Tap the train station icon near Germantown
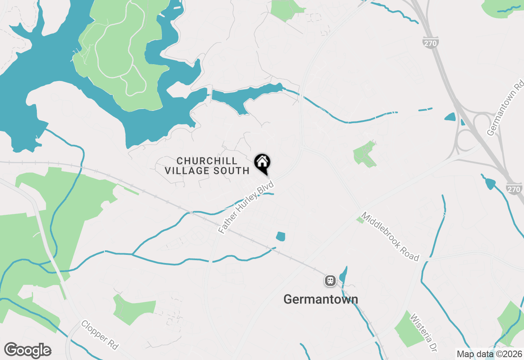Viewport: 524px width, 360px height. pyautogui.click(x=330, y=281)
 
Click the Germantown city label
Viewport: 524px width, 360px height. pyautogui.click(x=321, y=299)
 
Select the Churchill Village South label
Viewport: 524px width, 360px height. pyautogui.click(x=207, y=166)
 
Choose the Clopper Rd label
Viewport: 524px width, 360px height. pyautogui.click(x=99, y=335)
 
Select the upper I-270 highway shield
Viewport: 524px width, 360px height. pyautogui.click(x=431, y=43)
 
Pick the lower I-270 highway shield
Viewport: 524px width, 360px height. pyautogui.click(x=514, y=189)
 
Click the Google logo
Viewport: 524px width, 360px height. pyautogui.click(x=27, y=351)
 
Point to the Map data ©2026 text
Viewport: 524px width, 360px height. pyautogui.click(x=490, y=354)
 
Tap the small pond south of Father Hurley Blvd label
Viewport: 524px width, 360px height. pyautogui.click(x=280, y=236)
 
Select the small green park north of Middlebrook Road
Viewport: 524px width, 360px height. pyautogui.click(x=364, y=154)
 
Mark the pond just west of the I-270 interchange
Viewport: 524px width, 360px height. pyautogui.click(x=450, y=117)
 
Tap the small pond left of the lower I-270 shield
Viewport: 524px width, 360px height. pyautogui.click(x=490, y=184)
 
